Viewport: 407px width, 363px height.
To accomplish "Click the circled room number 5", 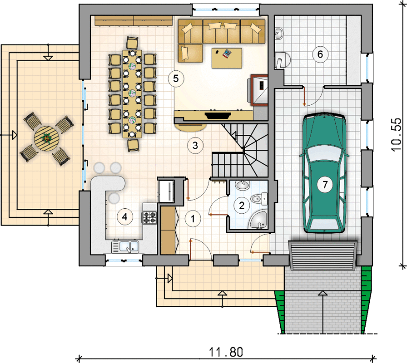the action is pyautogui.click(x=176, y=78).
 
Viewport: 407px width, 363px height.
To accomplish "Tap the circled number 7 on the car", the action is pyautogui.click(x=325, y=185).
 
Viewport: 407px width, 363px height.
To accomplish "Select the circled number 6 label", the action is pyautogui.click(x=320, y=54).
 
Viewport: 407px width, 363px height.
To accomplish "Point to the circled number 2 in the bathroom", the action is pyautogui.click(x=242, y=206).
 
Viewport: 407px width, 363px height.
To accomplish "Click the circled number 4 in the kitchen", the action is pyautogui.click(x=125, y=216).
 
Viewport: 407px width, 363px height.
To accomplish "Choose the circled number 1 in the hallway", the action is pyautogui.click(x=193, y=219).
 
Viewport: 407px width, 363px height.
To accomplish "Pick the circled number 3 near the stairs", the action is pyautogui.click(x=195, y=146).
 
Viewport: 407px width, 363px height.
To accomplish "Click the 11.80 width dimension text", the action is pyautogui.click(x=226, y=352).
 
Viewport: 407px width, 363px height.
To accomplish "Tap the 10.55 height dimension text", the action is pyautogui.click(x=396, y=135).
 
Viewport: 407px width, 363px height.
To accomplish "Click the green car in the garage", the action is pyautogui.click(x=324, y=173).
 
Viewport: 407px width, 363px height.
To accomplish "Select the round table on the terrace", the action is pyautogui.click(x=46, y=138).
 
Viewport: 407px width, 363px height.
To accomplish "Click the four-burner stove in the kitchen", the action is pyautogui.click(x=149, y=217).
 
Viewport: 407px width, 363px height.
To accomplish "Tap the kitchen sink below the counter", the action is pyautogui.click(x=125, y=246).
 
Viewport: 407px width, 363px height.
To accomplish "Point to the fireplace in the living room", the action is pyautogui.click(x=218, y=115).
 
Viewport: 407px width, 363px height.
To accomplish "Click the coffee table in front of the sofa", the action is pyautogui.click(x=227, y=58).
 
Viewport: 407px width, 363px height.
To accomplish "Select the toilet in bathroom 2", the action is pyautogui.click(x=258, y=199).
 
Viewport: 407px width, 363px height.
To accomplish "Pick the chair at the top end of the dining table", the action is pyautogui.click(x=132, y=43).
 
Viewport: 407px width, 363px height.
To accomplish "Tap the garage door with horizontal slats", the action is pyautogui.click(x=323, y=255).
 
